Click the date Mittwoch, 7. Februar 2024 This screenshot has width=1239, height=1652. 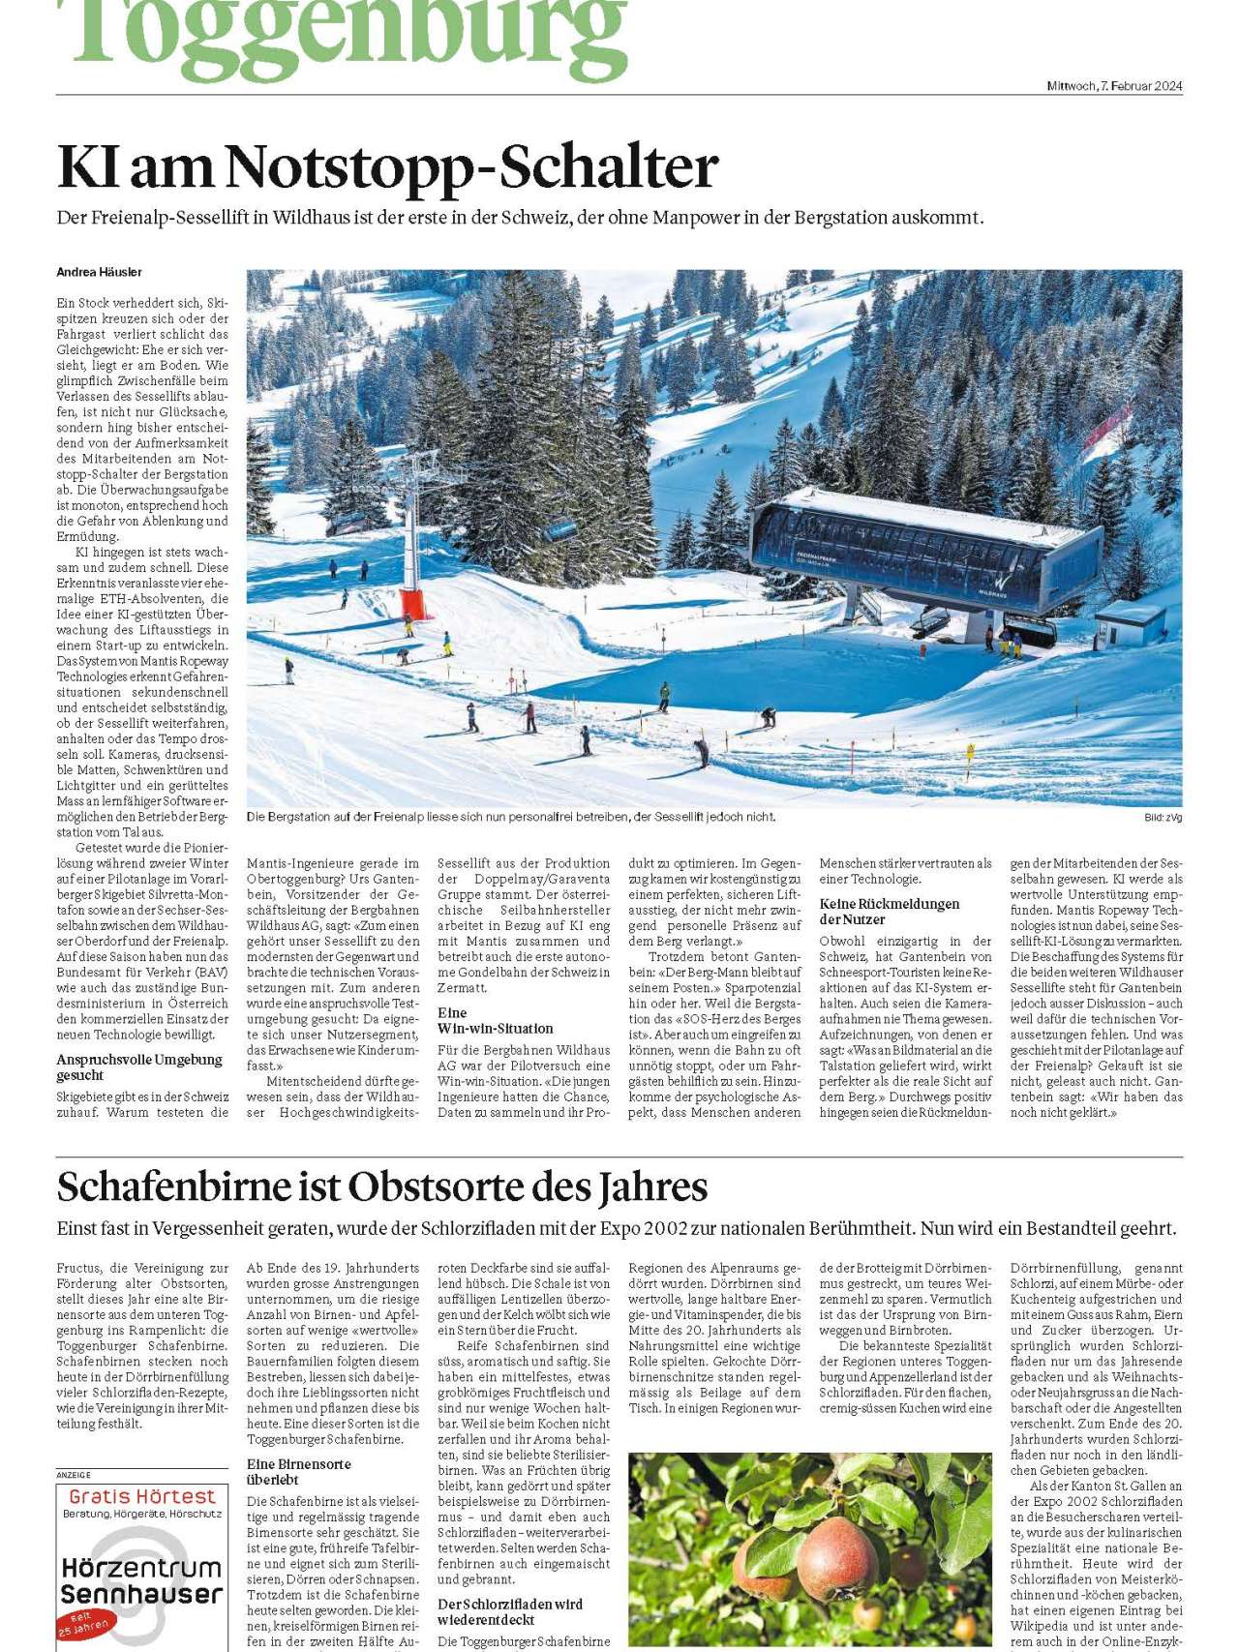(1114, 86)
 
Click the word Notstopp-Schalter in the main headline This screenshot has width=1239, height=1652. (472, 167)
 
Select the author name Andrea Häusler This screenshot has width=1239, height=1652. (99, 272)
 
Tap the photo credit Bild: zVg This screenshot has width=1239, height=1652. (1163, 818)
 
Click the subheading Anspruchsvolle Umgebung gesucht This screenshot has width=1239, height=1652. (138, 1067)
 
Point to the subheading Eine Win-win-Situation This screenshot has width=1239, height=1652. (495, 1021)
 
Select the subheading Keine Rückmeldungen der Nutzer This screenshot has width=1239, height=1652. (889, 912)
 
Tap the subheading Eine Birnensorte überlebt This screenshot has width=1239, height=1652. (298, 1472)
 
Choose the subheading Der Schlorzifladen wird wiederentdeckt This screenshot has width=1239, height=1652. (509, 1611)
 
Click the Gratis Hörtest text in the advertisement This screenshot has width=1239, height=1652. (141, 1496)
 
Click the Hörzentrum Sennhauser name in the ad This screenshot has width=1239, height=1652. (141, 1581)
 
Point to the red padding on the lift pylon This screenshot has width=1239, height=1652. (417, 604)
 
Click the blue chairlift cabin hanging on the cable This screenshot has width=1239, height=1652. (560, 530)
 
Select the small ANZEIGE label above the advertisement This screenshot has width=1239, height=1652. (74, 1475)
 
